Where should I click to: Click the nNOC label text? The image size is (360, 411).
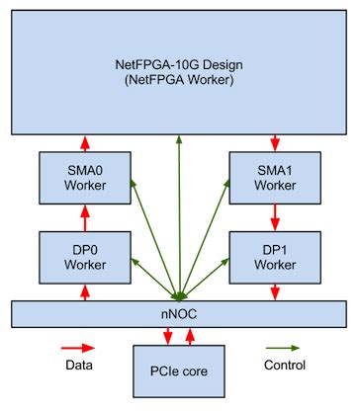179,313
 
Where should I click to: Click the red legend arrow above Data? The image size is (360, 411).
78,348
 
